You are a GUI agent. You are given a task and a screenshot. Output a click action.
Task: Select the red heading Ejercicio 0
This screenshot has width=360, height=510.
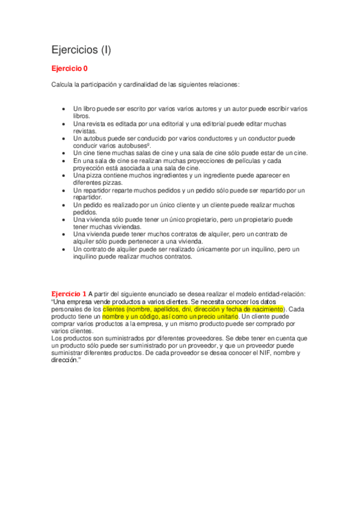click(x=69, y=69)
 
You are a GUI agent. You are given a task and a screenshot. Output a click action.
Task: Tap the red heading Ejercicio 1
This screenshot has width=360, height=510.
click(x=69, y=294)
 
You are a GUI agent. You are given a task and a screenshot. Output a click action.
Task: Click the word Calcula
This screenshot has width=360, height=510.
click(x=63, y=84)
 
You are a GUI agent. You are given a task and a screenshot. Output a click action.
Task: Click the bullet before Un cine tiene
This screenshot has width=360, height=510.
click(x=64, y=153)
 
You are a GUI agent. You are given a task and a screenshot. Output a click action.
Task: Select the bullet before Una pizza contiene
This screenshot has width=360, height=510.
click(x=64, y=176)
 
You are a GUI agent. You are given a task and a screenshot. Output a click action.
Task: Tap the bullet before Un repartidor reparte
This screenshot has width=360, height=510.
click(x=64, y=191)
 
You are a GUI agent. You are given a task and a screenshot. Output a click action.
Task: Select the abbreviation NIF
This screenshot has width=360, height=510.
click(x=257, y=353)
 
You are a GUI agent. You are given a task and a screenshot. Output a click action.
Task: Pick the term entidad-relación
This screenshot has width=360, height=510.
click(x=278, y=294)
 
